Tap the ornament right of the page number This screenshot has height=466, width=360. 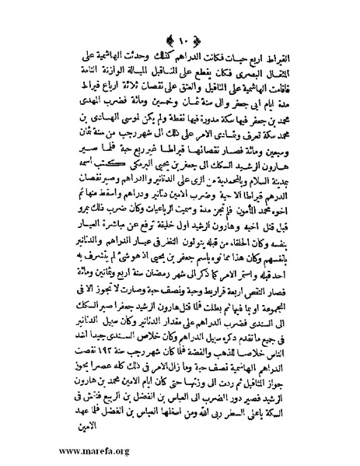click(x=198, y=40)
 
